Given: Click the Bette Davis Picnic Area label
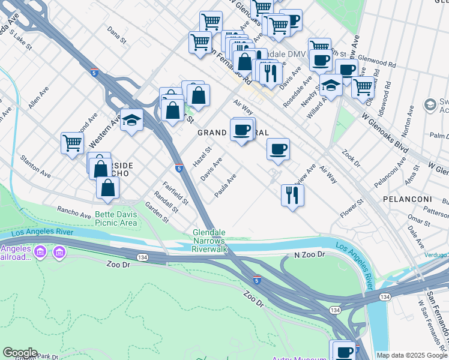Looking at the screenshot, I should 116,218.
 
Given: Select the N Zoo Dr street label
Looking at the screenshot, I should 309,255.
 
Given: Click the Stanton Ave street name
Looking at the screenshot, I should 34,166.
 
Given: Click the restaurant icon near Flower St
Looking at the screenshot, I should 292,195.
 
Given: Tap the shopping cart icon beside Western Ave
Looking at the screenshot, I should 72,143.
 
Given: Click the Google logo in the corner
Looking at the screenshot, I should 20,353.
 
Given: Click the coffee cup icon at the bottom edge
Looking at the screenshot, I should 345,352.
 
